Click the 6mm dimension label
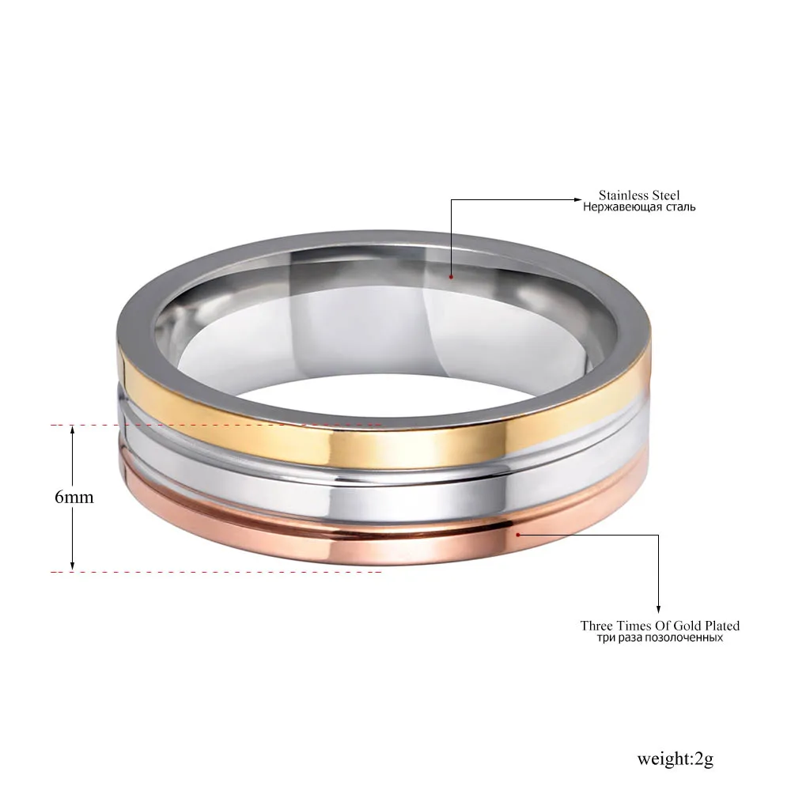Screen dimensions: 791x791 (x=74, y=498)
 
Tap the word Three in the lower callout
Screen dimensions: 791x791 (x=597, y=626)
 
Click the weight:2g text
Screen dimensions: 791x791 (x=675, y=759)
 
